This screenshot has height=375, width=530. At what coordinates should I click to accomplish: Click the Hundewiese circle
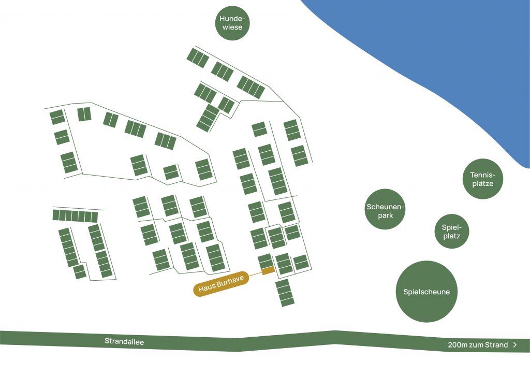(232, 22)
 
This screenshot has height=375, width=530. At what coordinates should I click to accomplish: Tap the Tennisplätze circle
(482, 179)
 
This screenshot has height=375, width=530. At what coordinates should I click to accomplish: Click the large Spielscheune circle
(426, 291)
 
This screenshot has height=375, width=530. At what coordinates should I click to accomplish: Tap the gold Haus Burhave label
(222, 285)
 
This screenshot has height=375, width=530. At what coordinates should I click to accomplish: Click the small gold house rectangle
(268, 271)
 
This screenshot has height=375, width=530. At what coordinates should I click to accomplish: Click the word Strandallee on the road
(124, 341)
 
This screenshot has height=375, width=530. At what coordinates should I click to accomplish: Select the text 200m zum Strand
(478, 345)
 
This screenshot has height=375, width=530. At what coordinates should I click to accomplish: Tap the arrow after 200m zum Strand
(514, 345)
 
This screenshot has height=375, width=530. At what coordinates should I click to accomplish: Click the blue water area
(440, 52)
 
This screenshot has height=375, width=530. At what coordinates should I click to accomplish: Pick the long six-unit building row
(75, 216)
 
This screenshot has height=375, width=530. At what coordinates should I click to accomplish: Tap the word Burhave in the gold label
(230, 282)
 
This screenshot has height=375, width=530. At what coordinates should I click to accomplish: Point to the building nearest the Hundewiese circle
(198, 57)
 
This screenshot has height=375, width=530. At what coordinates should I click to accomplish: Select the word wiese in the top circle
(232, 27)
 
